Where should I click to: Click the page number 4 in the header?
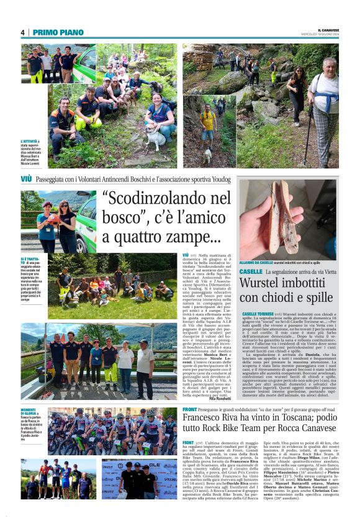(x=23, y=32)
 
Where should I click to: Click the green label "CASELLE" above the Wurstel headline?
(x=250, y=271)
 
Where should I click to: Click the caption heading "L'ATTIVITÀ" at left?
(x=29, y=142)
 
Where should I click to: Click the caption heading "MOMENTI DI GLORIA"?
(x=30, y=412)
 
